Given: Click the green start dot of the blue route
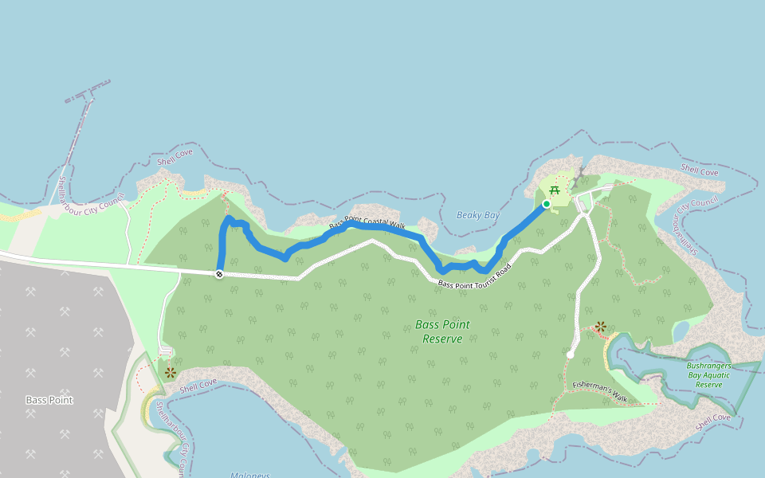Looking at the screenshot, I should pyautogui.click(x=547, y=204).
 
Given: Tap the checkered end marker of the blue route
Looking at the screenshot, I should pyautogui.click(x=218, y=274).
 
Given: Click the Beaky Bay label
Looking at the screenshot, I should pyautogui.click(x=478, y=216).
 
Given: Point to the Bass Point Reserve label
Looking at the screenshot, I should pyautogui.click(x=442, y=331).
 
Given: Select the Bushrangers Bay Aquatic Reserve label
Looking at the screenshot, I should pyautogui.click(x=708, y=375).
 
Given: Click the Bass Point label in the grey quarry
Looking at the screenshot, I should pyautogui.click(x=49, y=400).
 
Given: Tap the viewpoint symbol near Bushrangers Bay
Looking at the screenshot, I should pyautogui.click(x=601, y=327).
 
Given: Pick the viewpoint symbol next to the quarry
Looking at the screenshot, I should pyautogui.click(x=170, y=372).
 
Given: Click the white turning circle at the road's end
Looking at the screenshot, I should pyautogui.click(x=571, y=354).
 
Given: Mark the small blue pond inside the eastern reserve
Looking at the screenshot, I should pyautogui.click(x=680, y=329).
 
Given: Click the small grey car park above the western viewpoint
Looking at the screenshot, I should pyautogui.click(x=166, y=351).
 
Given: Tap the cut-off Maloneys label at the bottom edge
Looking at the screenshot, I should pyautogui.click(x=249, y=475).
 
